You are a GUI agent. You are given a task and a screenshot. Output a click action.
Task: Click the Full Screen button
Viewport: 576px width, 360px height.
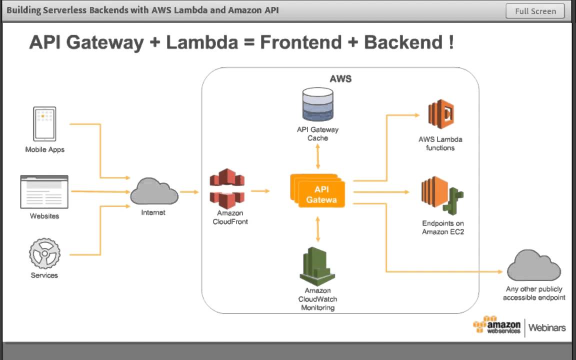[x=535, y=11]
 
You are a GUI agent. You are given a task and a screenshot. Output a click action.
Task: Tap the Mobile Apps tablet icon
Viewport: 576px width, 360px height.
[x=44, y=123]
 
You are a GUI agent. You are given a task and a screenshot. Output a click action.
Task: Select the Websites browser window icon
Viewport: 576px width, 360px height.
[x=44, y=191]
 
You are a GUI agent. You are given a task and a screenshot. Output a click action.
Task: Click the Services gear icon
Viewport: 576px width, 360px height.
[x=44, y=253]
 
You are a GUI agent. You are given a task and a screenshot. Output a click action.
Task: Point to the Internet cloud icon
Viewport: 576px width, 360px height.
[x=154, y=191]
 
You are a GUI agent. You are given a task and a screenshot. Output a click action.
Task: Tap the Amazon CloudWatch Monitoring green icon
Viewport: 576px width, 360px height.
[x=317, y=266]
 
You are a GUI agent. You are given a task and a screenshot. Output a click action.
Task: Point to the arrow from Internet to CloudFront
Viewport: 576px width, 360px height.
[x=189, y=191]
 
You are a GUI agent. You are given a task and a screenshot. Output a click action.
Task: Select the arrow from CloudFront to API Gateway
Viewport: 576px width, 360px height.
[x=260, y=190]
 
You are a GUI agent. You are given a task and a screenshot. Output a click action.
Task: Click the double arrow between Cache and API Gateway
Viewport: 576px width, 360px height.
[x=318, y=158]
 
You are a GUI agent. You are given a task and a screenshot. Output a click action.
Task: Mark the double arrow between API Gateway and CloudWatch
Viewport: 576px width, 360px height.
[x=318, y=229]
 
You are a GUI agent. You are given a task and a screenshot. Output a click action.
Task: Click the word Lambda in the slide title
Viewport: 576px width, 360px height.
[x=202, y=42]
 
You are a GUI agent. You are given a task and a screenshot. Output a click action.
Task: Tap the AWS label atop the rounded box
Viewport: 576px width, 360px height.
[x=340, y=79]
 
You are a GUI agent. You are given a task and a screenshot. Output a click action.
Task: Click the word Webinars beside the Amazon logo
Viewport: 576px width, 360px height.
[x=547, y=328]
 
